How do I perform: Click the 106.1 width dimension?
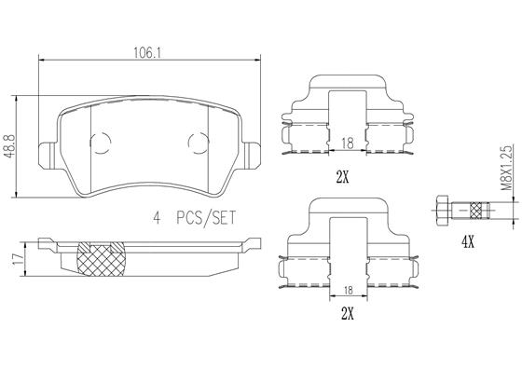coord(147,52)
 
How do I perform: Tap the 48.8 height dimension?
coord(8,146)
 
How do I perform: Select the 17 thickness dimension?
coord(19,259)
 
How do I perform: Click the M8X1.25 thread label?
coord(506,168)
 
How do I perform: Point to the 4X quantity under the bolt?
coord(468,242)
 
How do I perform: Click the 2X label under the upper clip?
coord(343,178)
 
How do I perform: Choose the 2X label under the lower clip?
coord(347,313)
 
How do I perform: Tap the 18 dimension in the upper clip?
coord(347,143)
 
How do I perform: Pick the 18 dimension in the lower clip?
coord(349,291)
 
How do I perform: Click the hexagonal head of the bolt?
coord(442,211)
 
